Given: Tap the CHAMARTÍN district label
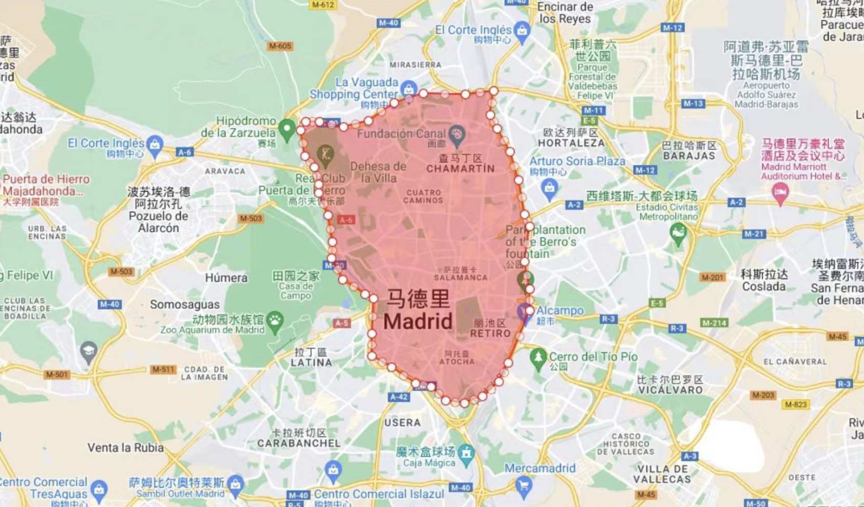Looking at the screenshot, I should coord(460,169).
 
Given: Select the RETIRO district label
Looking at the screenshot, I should coord(490,333).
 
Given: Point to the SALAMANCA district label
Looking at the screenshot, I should coord(460,277).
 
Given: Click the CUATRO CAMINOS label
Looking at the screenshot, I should coord(424,196).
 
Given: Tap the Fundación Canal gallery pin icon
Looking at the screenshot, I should coord(457,135).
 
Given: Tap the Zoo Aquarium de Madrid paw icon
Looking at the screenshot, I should coord(275,321).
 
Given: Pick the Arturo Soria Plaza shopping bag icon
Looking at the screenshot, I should coord(549,189).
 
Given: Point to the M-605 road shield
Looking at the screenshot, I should coord(280,46).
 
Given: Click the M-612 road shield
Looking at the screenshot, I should coord(323,5).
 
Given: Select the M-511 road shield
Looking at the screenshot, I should coord(163,369).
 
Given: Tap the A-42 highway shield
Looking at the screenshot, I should coord(399,397).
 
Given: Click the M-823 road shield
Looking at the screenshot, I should coord(795,404).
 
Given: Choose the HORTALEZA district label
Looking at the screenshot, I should coord(571,143).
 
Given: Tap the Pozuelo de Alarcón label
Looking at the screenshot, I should coord(159,222).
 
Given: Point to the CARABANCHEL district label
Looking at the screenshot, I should coord(299,443).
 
